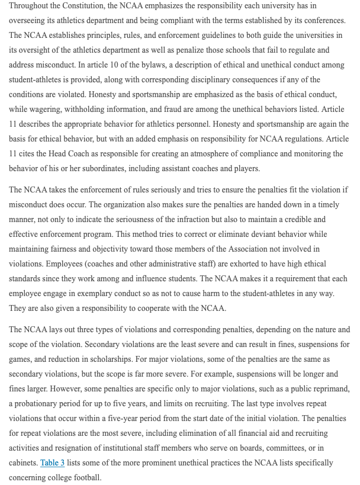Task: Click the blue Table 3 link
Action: tap(52, 462)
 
